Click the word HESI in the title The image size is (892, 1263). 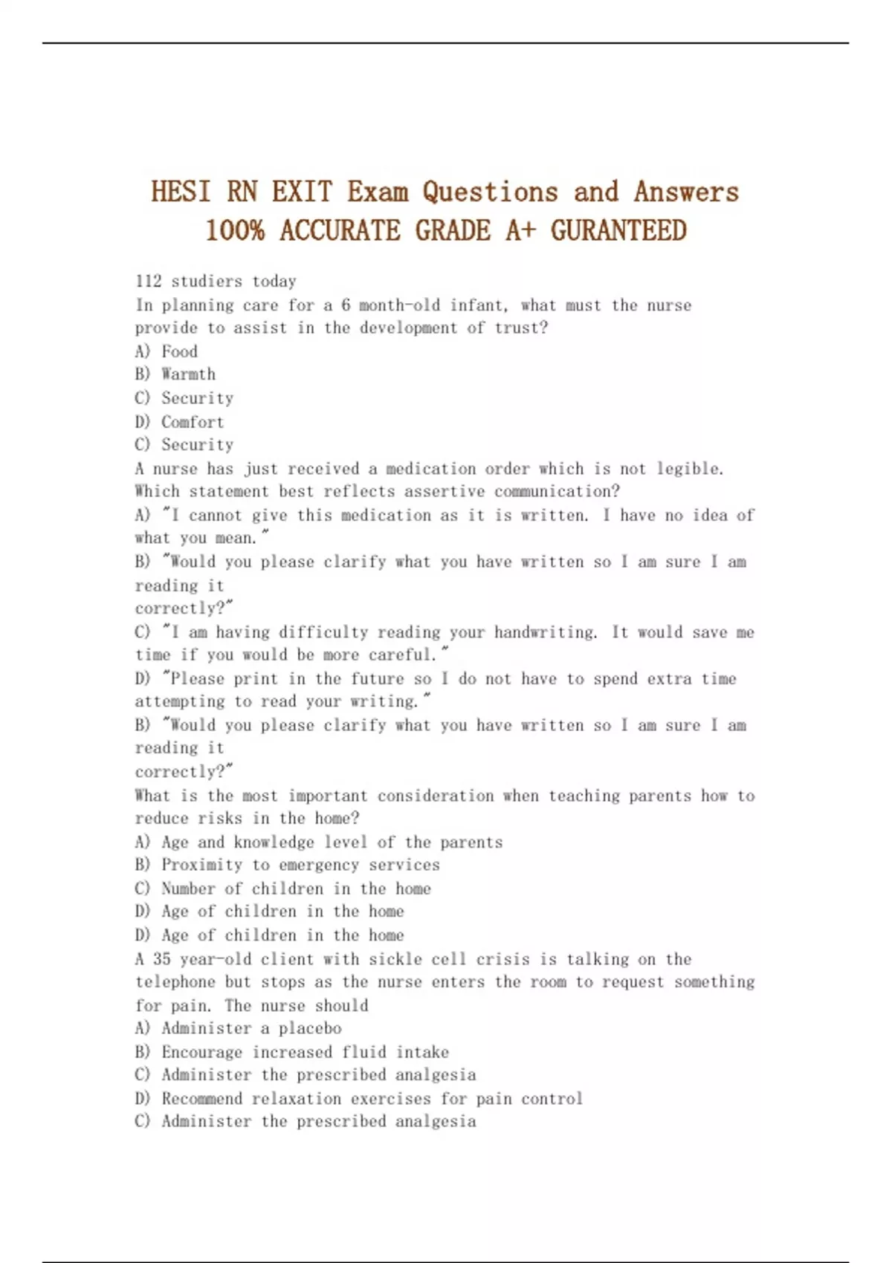pyautogui.click(x=181, y=192)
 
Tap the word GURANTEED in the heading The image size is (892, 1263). pyautogui.click(x=618, y=230)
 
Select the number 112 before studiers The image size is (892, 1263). pyautogui.click(x=148, y=281)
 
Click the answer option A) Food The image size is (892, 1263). pyautogui.click(x=167, y=351)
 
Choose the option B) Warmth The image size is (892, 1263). pyautogui.click(x=175, y=374)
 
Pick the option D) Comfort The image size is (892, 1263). pyautogui.click(x=179, y=422)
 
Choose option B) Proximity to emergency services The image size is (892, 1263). pyautogui.click(x=288, y=865)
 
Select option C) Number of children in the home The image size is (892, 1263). pyautogui.click(x=283, y=889)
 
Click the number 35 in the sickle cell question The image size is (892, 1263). pyautogui.click(x=161, y=958)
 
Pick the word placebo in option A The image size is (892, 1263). pyautogui.click(x=310, y=1028)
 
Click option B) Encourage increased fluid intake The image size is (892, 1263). pyautogui.click(x=292, y=1052)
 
